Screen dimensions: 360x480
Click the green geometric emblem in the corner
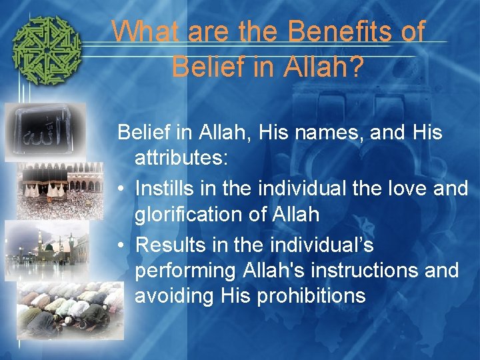47,51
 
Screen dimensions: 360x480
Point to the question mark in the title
356,67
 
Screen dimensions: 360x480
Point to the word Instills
169,189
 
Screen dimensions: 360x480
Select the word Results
173,245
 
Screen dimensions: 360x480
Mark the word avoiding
177,295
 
